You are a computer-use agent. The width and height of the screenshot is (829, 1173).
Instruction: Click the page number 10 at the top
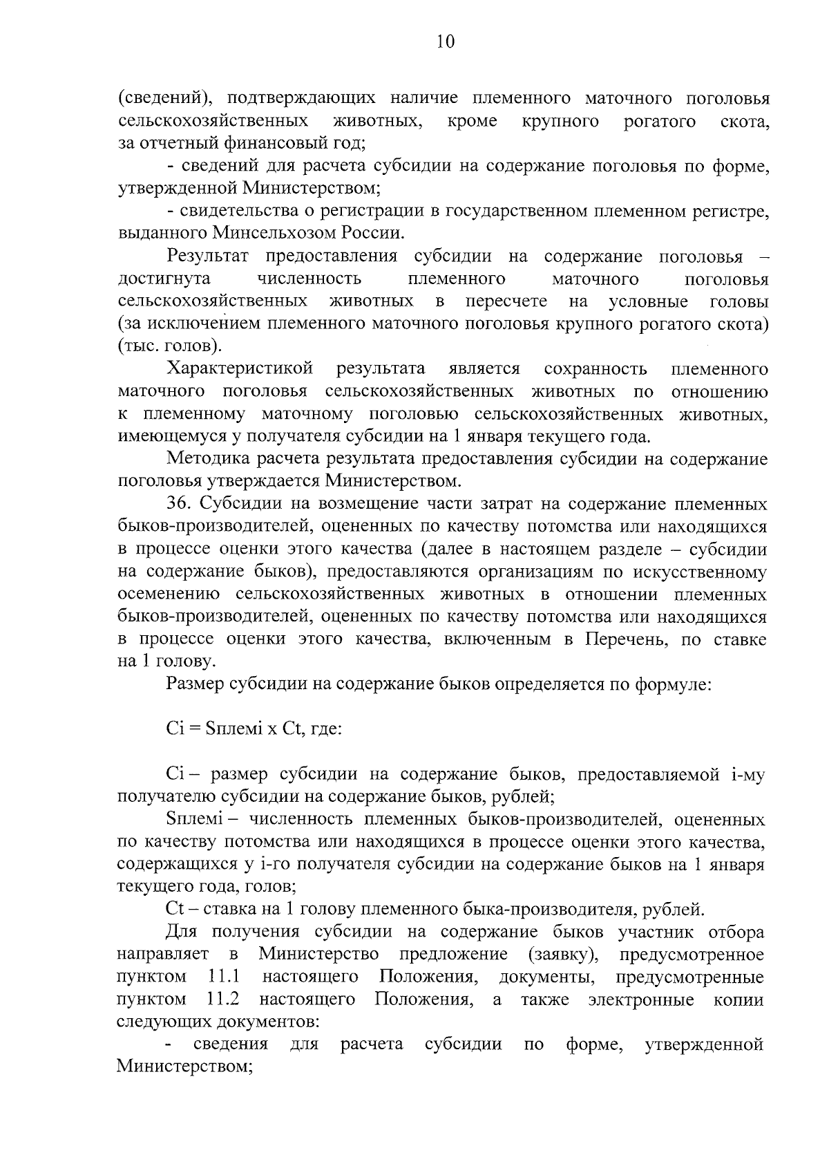[446, 41]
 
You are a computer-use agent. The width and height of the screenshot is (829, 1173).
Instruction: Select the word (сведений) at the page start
[161, 98]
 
